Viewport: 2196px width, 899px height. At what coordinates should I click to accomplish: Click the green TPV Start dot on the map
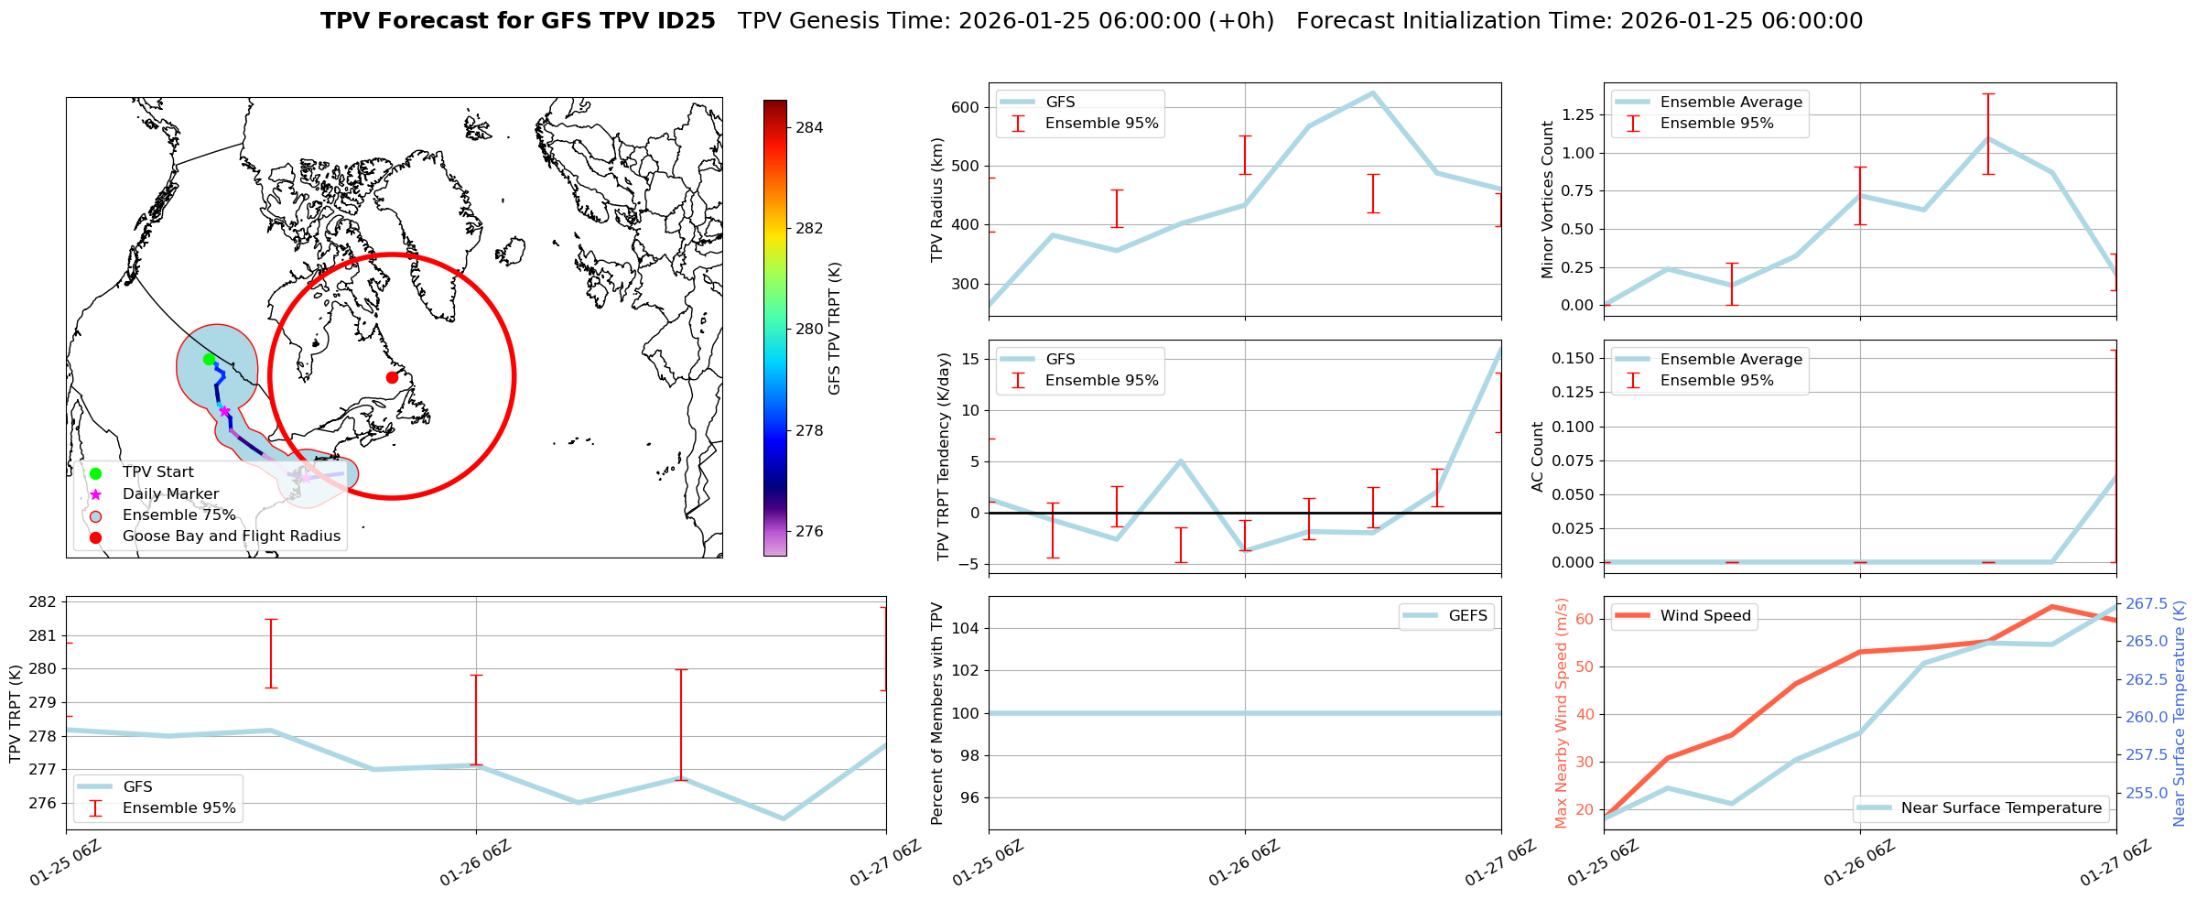(x=209, y=359)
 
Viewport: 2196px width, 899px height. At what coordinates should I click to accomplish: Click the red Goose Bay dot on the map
(x=392, y=377)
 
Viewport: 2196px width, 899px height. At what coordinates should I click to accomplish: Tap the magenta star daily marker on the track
(x=224, y=411)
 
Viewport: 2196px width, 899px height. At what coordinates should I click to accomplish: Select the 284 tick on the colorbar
(x=809, y=127)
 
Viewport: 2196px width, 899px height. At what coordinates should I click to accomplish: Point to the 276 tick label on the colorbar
(x=809, y=531)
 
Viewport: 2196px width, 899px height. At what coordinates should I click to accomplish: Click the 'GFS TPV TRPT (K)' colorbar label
(x=834, y=329)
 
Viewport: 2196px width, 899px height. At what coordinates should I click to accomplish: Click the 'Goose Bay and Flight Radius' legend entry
(x=231, y=536)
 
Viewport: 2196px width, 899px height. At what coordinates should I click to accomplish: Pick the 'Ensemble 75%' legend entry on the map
(x=178, y=515)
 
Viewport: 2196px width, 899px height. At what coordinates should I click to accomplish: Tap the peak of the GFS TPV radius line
(x=1372, y=92)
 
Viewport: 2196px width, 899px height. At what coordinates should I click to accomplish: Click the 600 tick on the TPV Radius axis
(x=966, y=107)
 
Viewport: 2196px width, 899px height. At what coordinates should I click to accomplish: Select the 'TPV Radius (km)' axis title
(x=936, y=200)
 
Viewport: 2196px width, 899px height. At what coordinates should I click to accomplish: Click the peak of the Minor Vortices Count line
(x=1987, y=138)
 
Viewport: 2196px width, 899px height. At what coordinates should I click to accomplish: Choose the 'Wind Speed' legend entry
(x=1704, y=616)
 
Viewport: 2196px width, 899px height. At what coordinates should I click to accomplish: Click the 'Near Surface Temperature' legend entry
(x=2001, y=808)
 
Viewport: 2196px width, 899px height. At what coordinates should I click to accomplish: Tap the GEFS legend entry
(x=1467, y=616)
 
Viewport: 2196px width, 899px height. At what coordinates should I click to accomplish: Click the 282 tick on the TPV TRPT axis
(x=44, y=601)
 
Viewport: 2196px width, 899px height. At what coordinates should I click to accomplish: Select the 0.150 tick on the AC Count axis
(x=1574, y=358)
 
